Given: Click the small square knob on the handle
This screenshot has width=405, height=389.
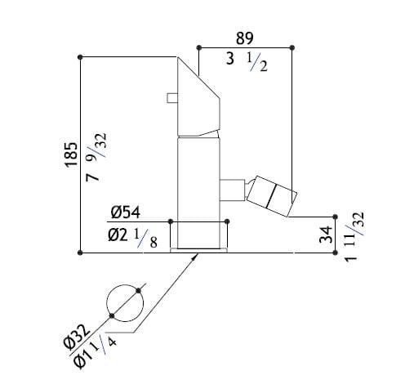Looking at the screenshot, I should pos(172,98).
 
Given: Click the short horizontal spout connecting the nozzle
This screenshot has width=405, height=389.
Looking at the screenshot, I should pos(234,186).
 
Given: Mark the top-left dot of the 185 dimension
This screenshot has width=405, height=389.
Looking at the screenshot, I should pos(80,56).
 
